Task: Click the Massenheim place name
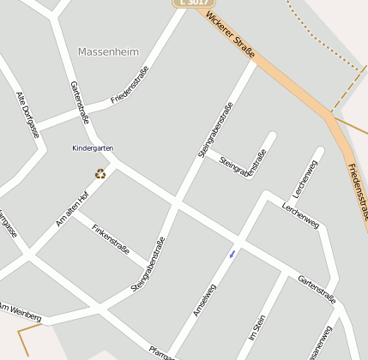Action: tap(108, 51)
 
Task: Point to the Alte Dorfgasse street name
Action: tap(27, 115)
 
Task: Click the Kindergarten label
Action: tap(93, 148)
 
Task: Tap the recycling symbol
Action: tap(100, 174)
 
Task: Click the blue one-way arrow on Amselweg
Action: tap(232, 254)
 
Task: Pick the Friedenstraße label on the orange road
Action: tap(358, 188)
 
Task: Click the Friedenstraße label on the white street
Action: tap(130, 85)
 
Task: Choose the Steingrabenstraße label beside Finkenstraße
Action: tap(148, 265)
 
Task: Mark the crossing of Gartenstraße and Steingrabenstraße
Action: tap(176, 203)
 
